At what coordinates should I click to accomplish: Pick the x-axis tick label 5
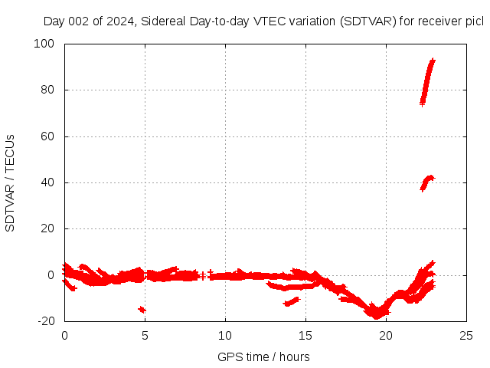145,335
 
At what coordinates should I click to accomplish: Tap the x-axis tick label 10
225,335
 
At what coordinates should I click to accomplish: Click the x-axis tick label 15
305,335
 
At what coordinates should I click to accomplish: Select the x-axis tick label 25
466,335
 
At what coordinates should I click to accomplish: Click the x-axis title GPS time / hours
263,356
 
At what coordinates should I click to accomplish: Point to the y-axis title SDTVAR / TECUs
10,182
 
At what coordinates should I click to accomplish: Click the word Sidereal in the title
162,21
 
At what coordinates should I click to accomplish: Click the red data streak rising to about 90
428,80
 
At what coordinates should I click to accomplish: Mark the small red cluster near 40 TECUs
427,182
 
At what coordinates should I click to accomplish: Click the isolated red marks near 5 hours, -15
142,309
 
